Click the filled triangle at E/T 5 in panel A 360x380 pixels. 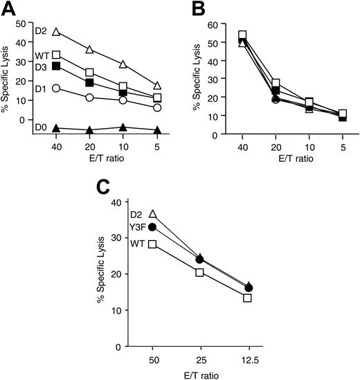(x=158, y=129)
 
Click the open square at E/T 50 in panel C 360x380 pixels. (x=152, y=244)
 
